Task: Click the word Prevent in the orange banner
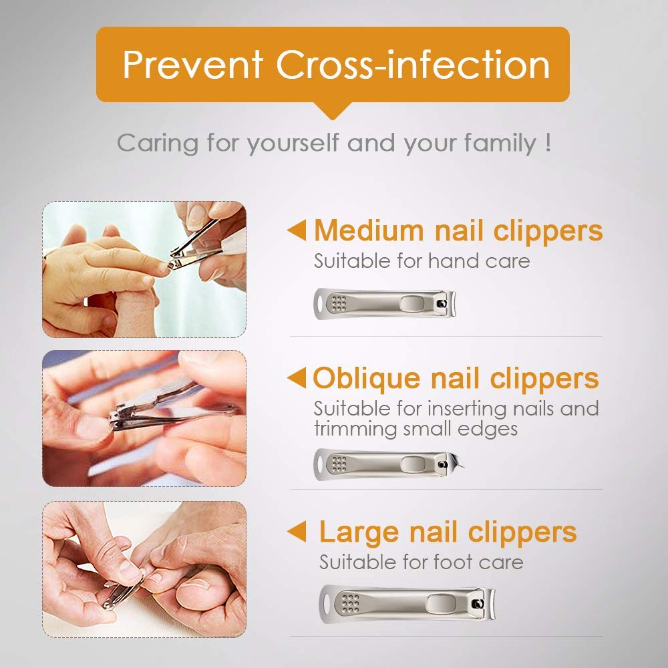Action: [x=192, y=65]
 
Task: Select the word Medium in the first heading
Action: [x=369, y=231]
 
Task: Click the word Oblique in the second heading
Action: [x=367, y=379]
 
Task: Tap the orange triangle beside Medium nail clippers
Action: [x=297, y=231]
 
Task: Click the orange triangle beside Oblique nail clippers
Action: [x=297, y=379]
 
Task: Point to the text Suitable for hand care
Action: [x=422, y=261]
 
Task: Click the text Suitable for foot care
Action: [x=421, y=562]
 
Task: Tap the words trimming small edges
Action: [x=415, y=428]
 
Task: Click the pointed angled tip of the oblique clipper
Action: [x=458, y=462]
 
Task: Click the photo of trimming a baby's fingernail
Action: [x=144, y=269]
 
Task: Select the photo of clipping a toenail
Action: [x=144, y=569]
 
